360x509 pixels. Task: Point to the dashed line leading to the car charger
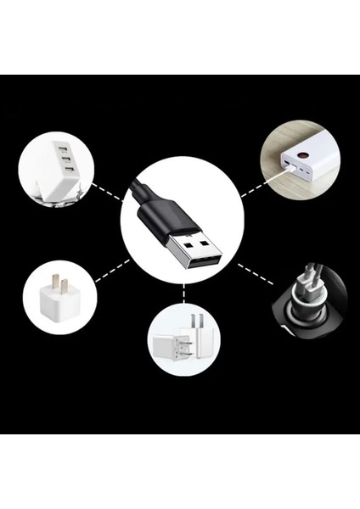pyautogui.click(x=254, y=277)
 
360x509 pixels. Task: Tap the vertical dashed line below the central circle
pyautogui.click(x=183, y=292)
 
